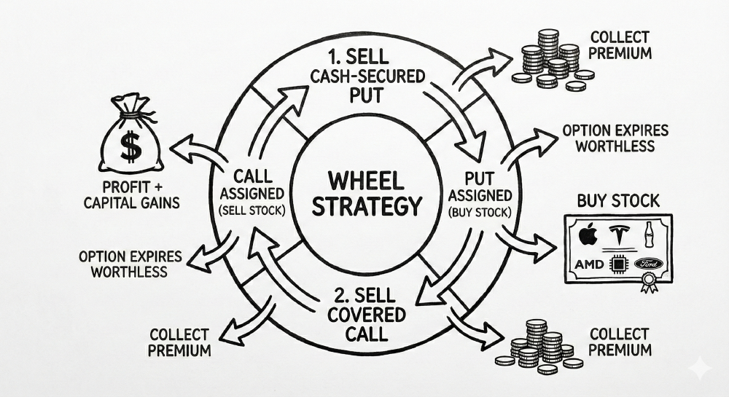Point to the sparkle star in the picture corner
pos(701,370)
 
